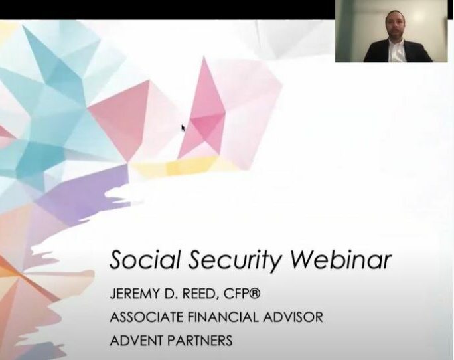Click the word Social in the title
click(145, 259)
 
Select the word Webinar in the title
click(340, 259)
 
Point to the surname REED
click(198, 294)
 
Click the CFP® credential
click(242, 294)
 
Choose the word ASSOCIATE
click(147, 317)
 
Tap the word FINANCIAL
click(222, 317)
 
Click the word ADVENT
click(136, 340)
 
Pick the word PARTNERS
click(200, 340)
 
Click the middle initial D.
click(171, 294)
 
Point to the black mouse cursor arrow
click(183, 128)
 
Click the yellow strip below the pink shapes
click(185, 166)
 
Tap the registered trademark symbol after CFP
click(256, 294)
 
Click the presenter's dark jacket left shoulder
click(375, 50)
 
